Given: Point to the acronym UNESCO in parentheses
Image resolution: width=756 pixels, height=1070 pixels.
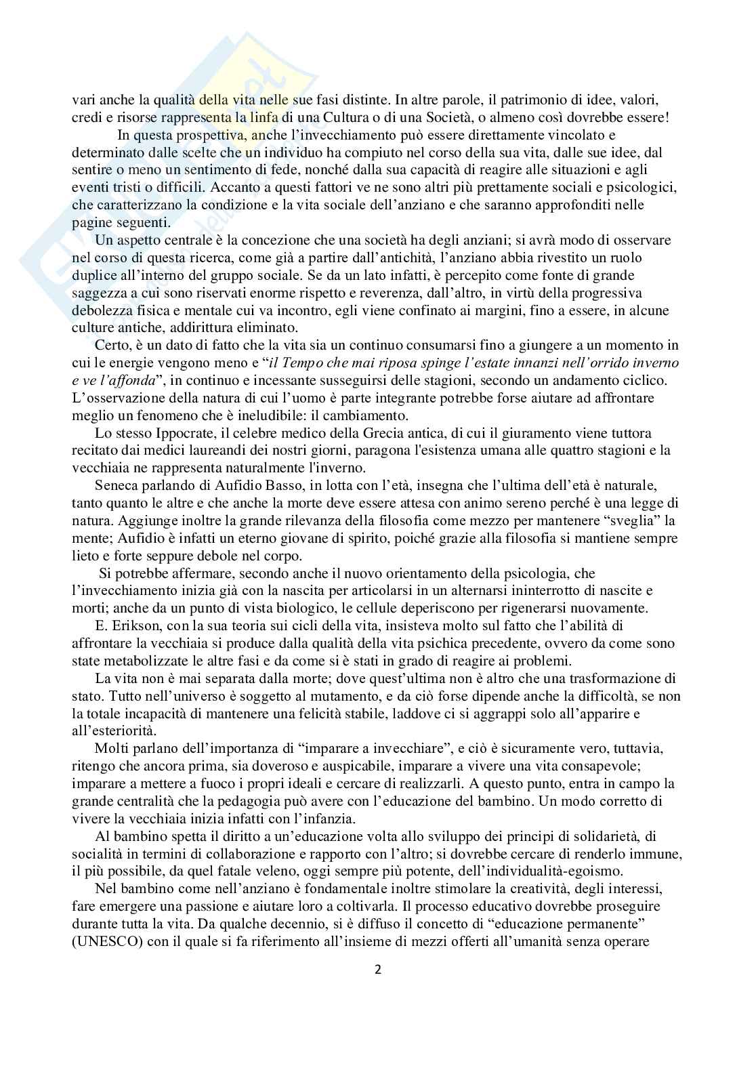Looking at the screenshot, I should (x=106, y=941).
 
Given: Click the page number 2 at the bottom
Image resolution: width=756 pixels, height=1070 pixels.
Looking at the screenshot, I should (x=378, y=969).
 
